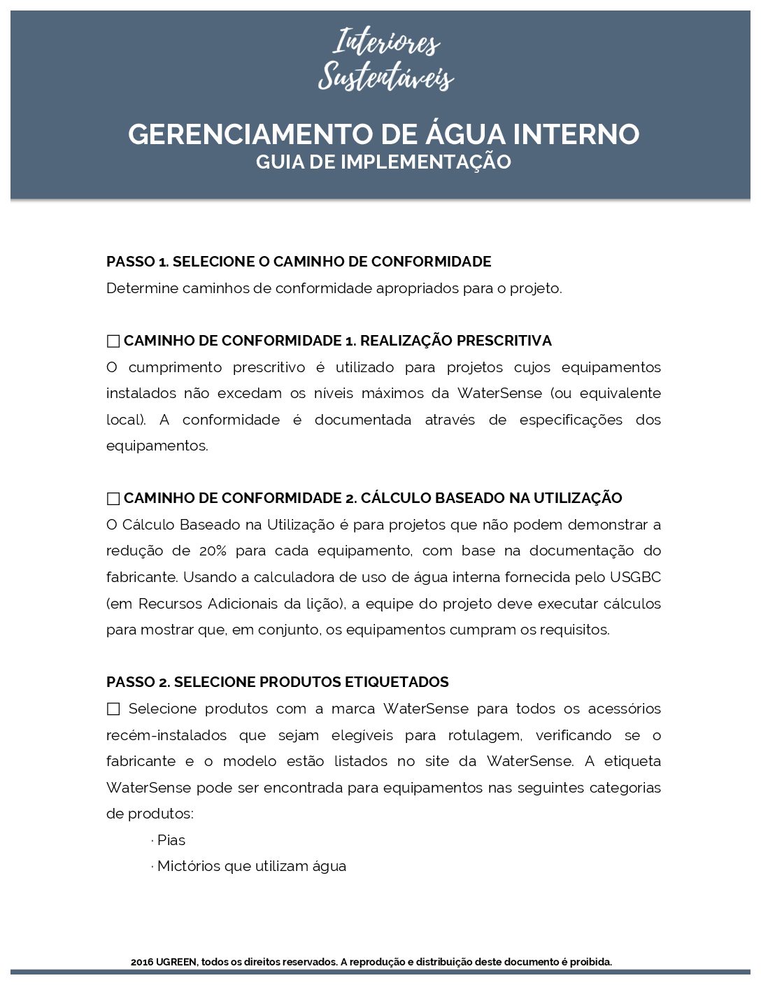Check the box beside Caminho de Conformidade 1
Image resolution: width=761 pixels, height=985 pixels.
[113, 341]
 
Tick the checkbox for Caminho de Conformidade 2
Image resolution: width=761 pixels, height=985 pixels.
[113, 499]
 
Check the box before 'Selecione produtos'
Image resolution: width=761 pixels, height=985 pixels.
[113, 709]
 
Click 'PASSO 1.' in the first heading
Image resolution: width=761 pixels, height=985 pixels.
[137, 262]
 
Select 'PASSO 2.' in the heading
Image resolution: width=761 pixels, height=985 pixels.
[138, 682]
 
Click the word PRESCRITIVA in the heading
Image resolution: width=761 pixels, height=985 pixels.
[504, 341]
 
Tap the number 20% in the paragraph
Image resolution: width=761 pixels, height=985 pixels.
[213, 551]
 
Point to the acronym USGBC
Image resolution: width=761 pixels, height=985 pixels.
[635, 577]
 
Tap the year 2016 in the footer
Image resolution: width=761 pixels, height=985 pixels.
[142, 962]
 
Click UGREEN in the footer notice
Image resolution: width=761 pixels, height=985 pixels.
[177, 962]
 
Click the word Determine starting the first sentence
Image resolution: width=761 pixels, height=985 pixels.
[142, 288]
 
